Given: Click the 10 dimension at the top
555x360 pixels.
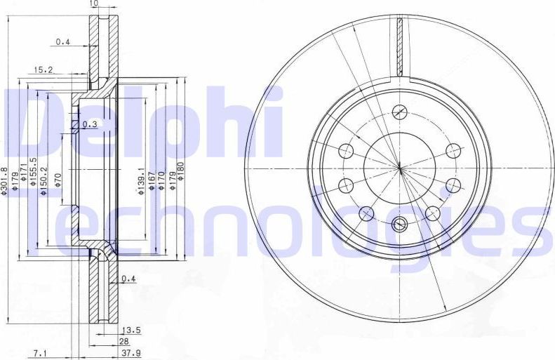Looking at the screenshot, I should coord(93,4).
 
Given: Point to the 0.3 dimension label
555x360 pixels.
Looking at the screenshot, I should coord(89,124).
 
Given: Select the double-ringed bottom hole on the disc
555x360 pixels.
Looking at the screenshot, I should coord(400,225).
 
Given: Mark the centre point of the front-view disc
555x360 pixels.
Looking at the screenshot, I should coord(399,168).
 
